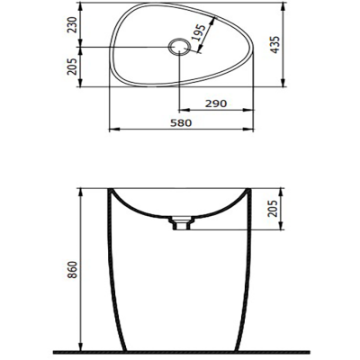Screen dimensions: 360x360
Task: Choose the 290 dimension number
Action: pos(215,105)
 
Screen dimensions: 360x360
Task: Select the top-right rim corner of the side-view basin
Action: pos(251,191)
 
